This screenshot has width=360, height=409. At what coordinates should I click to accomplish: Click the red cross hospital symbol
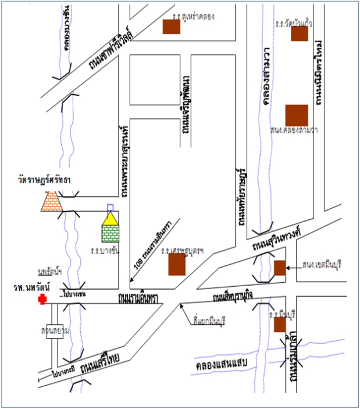tap(42, 299)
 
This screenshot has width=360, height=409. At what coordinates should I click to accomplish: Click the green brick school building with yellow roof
tap(110, 228)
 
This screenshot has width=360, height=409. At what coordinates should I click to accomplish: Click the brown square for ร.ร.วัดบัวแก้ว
tap(299, 34)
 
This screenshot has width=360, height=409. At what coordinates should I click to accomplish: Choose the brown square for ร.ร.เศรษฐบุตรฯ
tap(177, 265)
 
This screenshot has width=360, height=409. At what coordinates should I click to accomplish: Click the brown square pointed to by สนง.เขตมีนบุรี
tap(280, 268)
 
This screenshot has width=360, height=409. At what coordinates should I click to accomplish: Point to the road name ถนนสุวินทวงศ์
tap(279, 239)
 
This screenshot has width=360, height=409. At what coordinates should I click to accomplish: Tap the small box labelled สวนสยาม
tap(55, 331)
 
